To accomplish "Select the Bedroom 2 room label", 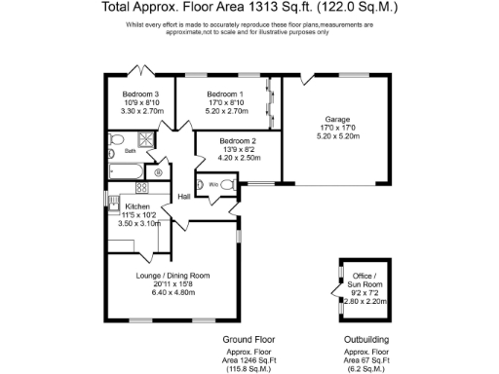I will [237, 140].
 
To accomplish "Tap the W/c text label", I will [212, 184].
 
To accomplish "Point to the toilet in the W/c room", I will [228, 185].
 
